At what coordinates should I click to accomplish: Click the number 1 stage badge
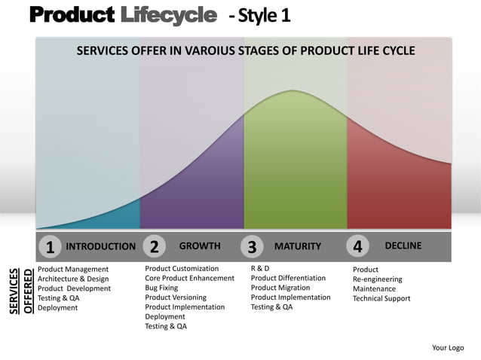click(x=49, y=247)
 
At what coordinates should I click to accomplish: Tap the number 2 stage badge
click(x=153, y=247)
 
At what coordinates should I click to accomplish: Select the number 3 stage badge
click(x=252, y=247)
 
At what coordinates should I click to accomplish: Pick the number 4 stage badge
click(x=357, y=247)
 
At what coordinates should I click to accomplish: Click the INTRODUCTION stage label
click(x=101, y=246)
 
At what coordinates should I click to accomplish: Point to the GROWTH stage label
click(x=200, y=246)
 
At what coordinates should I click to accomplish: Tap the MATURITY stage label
click(x=297, y=246)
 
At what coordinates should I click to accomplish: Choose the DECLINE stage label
click(x=403, y=246)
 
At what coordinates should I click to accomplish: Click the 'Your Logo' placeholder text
click(x=447, y=347)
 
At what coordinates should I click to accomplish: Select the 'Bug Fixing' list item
click(x=161, y=288)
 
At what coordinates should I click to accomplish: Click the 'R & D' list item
click(x=259, y=268)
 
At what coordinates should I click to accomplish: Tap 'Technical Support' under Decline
click(x=381, y=298)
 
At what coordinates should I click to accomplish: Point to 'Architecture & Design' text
click(x=73, y=279)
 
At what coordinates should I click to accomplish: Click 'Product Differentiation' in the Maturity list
click(x=288, y=278)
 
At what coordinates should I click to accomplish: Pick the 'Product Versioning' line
click(x=175, y=297)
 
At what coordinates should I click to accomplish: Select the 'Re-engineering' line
click(x=377, y=279)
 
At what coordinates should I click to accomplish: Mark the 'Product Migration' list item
click(x=280, y=288)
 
